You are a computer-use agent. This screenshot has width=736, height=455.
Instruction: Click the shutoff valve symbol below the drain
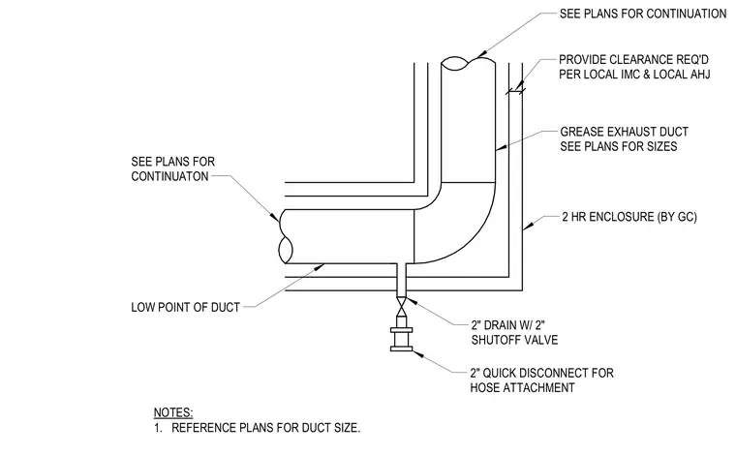click(401, 308)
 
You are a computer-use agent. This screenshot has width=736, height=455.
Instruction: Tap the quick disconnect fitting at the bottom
click(401, 337)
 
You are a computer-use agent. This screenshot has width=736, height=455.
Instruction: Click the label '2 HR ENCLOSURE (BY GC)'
click(629, 217)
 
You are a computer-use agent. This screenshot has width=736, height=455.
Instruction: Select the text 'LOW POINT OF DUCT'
click(185, 307)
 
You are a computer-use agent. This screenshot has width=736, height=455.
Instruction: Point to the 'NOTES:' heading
click(173, 412)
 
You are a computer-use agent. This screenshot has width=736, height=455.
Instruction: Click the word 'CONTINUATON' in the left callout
click(169, 176)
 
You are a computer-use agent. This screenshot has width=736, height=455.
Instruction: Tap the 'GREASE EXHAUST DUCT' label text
click(625, 132)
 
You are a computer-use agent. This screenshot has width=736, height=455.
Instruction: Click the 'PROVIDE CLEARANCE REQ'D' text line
click(633, 60)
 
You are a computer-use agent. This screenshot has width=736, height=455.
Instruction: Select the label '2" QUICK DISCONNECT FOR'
click(542, 373)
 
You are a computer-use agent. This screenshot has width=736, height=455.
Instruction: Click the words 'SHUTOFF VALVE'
click(515, 340)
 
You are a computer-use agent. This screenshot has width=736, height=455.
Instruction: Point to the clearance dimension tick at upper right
click(515, 89)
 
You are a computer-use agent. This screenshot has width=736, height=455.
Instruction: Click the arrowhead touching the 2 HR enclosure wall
click(527, 227)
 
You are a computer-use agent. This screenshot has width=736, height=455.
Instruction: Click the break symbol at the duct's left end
click(286, 236)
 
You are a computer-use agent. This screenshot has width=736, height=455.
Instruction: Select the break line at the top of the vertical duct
click(469, 63)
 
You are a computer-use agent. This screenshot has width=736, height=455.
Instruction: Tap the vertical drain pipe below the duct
click(401, 281)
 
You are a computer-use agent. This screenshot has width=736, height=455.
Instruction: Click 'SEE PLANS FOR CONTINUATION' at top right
click(643, 14)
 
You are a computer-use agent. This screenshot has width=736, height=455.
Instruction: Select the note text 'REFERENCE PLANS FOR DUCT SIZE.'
click(266, 428)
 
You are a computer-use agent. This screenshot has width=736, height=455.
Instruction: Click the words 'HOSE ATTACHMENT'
click(522, 388)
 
